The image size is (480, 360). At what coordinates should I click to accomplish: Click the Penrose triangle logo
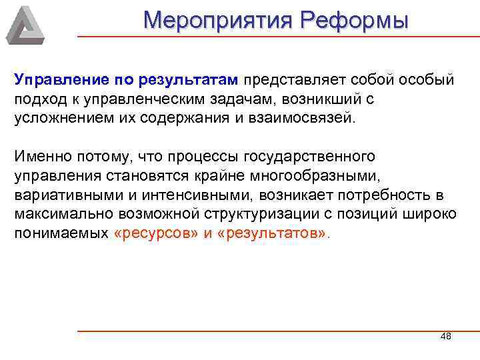pos(25,25)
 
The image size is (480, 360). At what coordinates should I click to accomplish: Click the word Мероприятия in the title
pos(218,20)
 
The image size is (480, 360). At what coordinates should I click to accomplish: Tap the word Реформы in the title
pos(354,20)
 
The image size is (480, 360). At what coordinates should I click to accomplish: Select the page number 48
pos(446,337)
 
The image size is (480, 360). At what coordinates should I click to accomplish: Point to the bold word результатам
pos(189,80)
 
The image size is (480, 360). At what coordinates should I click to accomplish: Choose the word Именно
pos(38,157)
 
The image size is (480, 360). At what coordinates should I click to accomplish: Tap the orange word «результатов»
pos(273,235)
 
